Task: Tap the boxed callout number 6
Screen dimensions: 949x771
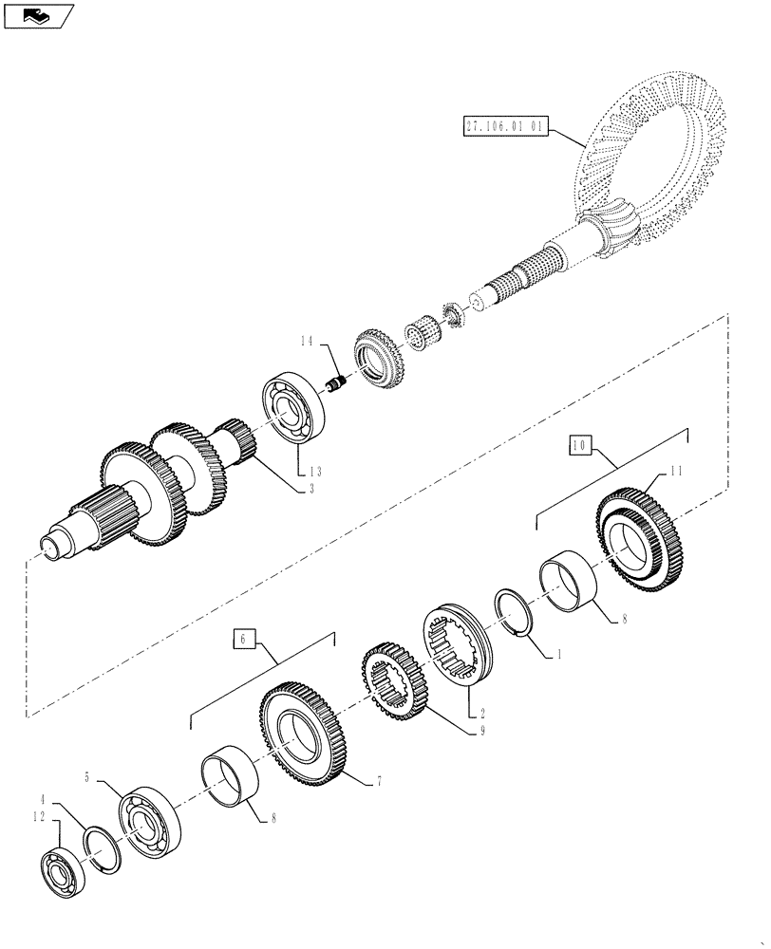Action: tap(243, 641)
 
